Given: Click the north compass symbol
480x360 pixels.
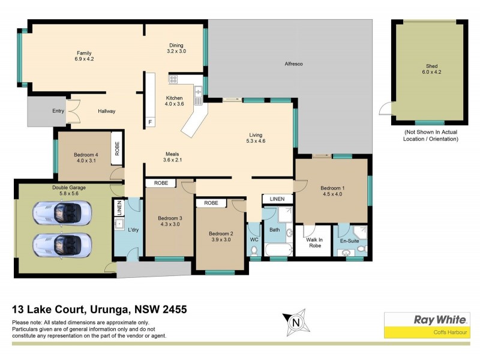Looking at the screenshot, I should click(x=295, y=322).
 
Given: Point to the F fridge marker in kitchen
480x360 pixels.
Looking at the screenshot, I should click(x=150, y=122).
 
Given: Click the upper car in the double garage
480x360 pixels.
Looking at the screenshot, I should click(x=62, y=212).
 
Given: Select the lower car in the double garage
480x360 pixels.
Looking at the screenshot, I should click(x=62, y=244).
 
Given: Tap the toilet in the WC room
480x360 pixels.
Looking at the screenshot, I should click(x=254, y=250).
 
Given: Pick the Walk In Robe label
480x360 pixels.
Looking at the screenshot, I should click(x=315, y=242).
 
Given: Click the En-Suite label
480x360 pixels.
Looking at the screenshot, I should click(x=350, y=241).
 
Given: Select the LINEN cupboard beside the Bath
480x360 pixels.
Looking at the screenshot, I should click(x=277, y=199).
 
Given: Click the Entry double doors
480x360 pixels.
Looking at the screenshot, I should click(x=73, y=112).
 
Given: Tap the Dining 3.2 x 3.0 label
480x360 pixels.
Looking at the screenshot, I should click(x=176, y=49).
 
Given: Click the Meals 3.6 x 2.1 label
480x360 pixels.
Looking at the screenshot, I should click(x=172, y=157).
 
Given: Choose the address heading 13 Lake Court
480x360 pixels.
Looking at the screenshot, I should click(x=100, y=310).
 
